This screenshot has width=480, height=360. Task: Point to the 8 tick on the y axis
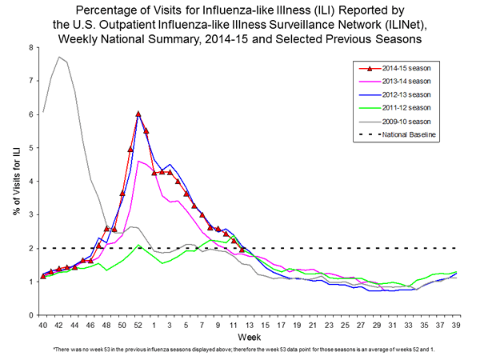[x=30, y=47]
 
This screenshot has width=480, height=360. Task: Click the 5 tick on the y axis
[x=30, y=148]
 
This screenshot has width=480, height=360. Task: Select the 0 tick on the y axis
[x=30, y=315]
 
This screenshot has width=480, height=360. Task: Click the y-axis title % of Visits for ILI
[x=14, y=181]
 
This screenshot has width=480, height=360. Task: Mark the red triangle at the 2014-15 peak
[x=138, y=114]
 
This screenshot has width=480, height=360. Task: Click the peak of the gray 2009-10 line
[x=59, y=57]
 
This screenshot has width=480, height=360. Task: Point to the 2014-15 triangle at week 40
[x=43, y=277]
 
